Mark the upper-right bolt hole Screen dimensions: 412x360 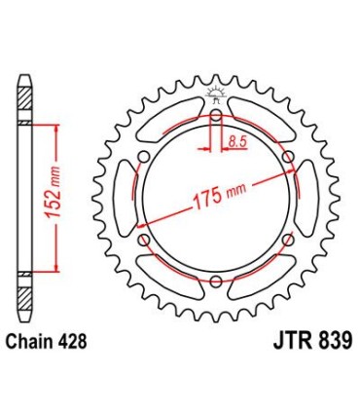point(287,159)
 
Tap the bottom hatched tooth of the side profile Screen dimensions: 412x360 point(27,292)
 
